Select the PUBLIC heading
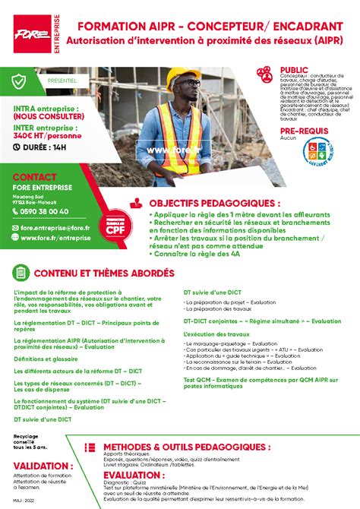point(295,69)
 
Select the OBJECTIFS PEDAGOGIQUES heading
point(214,204)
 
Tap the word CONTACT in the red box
point(35,177)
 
